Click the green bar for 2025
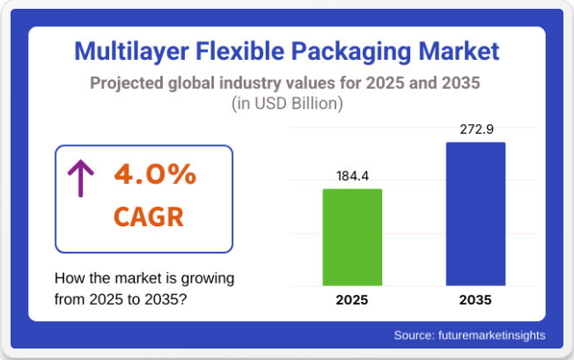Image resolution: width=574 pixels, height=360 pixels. pyautogui.click(x=352, y=237)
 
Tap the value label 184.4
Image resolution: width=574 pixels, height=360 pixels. pyautogui.click(x=352, y=177)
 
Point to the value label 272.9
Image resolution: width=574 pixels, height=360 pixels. pyautogui.click(x=475, y=129)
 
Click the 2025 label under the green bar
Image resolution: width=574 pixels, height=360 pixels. pyautogui.click(x=352, y=300)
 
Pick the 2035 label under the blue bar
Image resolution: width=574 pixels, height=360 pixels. pyautogui.click(x=475, y=300)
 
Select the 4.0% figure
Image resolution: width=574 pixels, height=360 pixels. pyautogui.click(x=155, y=174)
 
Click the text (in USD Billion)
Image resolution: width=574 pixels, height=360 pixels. pyautogui.click(x=287, y=104)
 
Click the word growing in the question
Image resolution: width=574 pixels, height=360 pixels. pyautogui.click(x=203, y=278)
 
